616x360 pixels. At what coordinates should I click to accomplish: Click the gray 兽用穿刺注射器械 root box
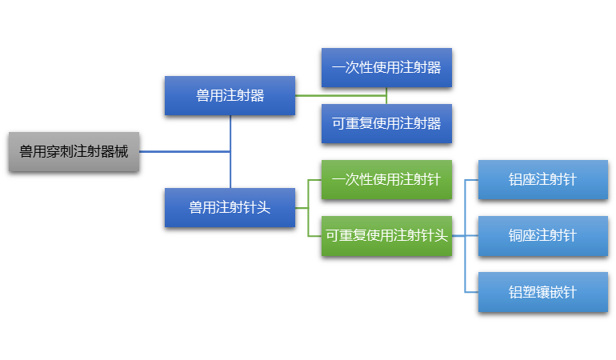(x=74, y=151)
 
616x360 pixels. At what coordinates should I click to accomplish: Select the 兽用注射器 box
(x=230, y=95)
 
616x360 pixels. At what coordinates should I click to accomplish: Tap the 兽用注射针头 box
(x=230, y=207)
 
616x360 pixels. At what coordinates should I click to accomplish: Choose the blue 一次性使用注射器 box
(x=386, y=67)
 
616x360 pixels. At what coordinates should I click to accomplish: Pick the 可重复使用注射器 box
(x=386, y=123)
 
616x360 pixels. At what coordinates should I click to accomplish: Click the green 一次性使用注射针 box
(x=386, y=179)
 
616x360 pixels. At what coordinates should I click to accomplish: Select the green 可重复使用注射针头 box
(x=386, y=235)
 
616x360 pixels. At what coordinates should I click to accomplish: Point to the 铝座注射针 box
(x=542, y=179)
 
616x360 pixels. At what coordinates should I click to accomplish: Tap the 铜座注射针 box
(x=542, y=235)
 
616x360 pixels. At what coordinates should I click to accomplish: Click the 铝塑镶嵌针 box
(x=542, y=291)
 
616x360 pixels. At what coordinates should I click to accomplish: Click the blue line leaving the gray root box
(x=184, y=151)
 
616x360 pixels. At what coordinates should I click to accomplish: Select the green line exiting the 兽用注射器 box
(x=340, y=95)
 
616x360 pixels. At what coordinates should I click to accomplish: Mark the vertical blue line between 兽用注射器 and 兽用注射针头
(x=230, y=152)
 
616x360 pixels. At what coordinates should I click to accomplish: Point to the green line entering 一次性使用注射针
(x=314, y=179)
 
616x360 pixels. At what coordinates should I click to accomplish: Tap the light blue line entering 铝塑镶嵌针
(x=471, y=291)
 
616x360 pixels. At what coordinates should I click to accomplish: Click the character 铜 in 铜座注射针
(x=516, y=235)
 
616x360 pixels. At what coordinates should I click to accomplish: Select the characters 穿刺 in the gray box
(x=60, y=151)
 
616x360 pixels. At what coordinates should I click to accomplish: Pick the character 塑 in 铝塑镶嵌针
(x=529, y=291)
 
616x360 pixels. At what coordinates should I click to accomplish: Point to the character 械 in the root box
(x=121, y=151)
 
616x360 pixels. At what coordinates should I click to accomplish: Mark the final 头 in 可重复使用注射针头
(x=441, y=235)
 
